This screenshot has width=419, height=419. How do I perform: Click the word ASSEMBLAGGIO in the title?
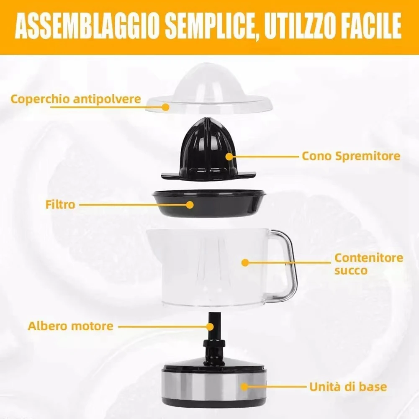coord(86,27)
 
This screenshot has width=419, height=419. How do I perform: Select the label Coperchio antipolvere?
coord(75,100)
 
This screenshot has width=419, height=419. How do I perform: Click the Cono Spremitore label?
coord(351,156)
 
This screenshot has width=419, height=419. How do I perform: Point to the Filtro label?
coord(60,205)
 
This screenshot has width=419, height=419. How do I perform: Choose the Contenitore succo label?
coord(368,264)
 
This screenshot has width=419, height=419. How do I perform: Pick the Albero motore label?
coord(70,326)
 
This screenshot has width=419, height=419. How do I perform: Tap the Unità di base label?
coord(348,386)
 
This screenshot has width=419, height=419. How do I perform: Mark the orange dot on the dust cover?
coord(166,107)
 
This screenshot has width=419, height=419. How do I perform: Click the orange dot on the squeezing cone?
coord(229,157)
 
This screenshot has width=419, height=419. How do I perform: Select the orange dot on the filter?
coord(190,205)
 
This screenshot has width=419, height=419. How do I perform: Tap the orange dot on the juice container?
coord(245,263)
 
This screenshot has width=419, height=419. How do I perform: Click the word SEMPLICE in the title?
coord(206,27)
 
